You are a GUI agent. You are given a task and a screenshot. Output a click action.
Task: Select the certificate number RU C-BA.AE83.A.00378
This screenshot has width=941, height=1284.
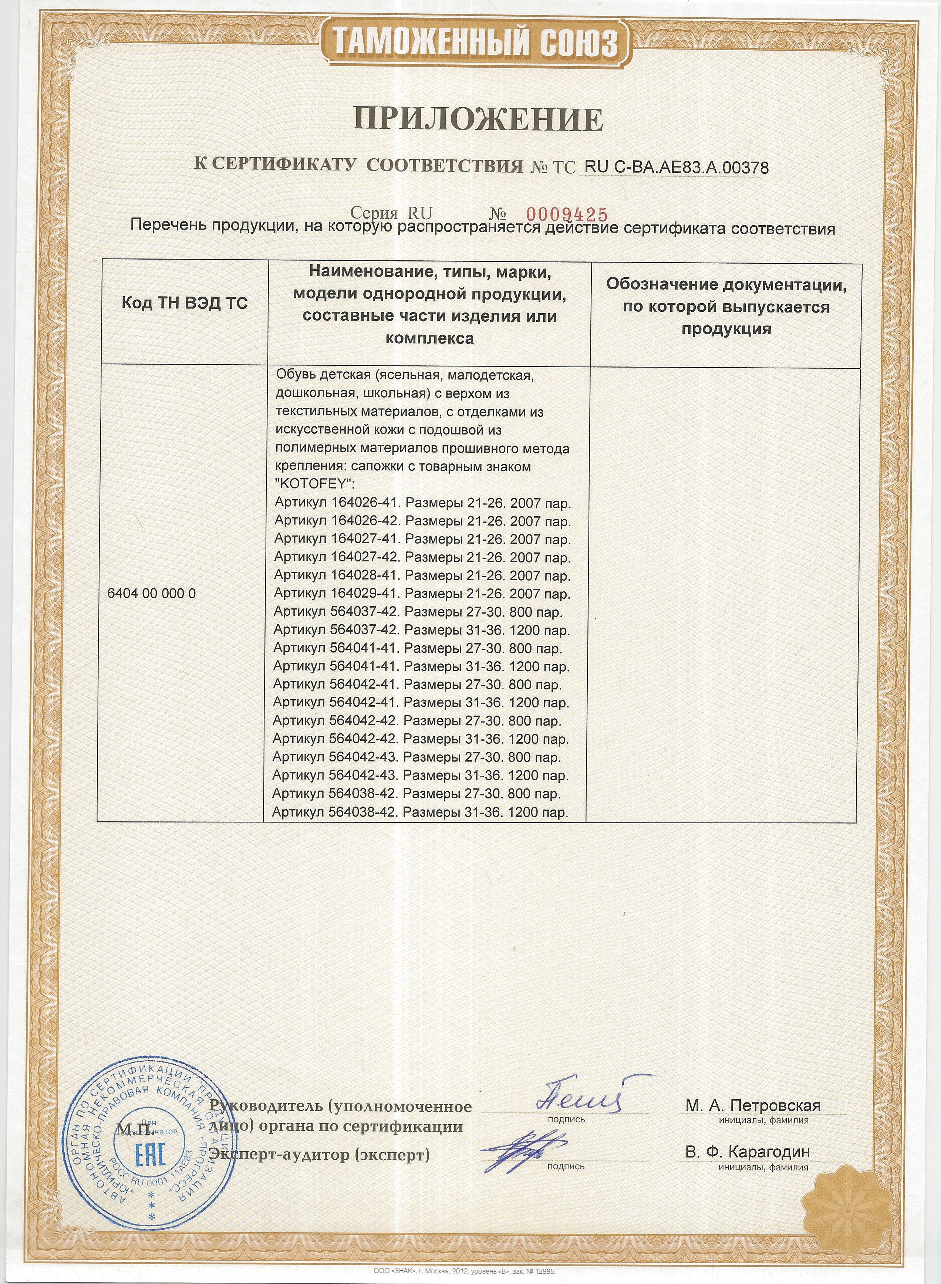[x=676, y=168]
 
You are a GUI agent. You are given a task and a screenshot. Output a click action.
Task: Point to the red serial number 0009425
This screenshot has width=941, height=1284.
[x=566, y=214]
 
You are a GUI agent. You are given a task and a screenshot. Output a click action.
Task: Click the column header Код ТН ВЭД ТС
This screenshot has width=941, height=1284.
[x=185, y=303]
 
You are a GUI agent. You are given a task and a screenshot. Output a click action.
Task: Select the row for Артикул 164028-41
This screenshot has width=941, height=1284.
[x=422, y=576]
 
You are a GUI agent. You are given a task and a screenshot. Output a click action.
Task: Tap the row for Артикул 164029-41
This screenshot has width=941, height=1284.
[x=422, y=594]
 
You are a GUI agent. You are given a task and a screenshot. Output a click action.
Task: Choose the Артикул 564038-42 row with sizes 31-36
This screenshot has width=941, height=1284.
[x=420, y=812]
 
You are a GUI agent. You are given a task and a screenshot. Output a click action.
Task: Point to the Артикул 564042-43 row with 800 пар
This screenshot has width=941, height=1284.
[x=416, y=758]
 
